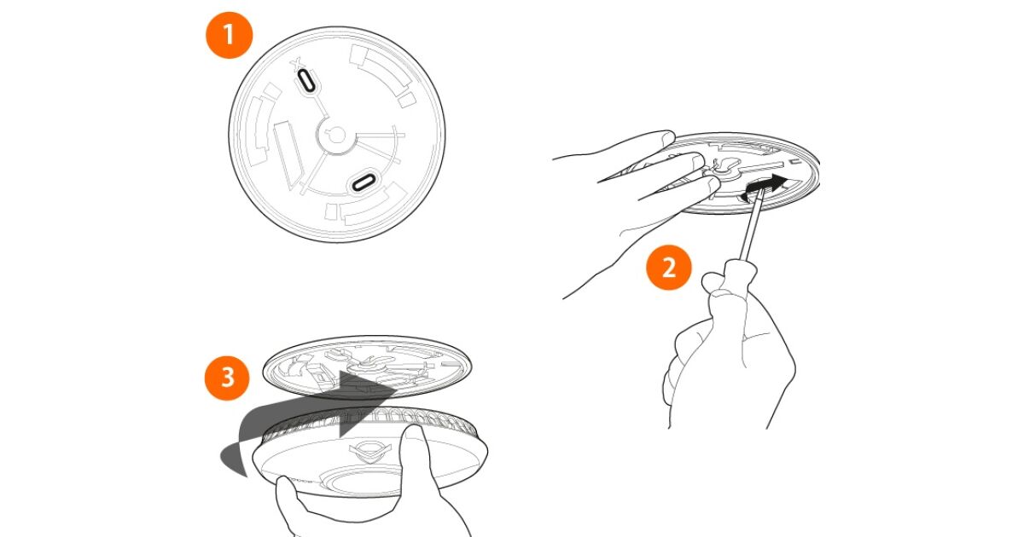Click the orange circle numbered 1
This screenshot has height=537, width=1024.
229,35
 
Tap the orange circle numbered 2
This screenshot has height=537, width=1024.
669,268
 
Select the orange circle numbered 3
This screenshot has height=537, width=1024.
227,378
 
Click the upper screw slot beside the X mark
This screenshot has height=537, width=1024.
306,81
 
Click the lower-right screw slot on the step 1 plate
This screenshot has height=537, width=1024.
364,182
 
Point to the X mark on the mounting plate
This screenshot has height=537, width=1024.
297,64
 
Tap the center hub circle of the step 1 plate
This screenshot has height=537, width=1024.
337,136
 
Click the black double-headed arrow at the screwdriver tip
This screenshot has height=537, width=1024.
765,187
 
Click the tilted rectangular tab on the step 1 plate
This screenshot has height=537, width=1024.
289,154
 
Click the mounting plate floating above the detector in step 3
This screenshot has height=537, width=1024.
368,367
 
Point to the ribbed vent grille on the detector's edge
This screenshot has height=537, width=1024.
366,423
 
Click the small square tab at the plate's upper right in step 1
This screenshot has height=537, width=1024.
406,100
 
